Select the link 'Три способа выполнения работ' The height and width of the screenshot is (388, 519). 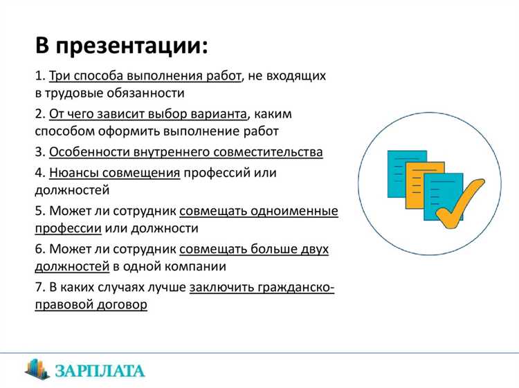[x=145, y=75]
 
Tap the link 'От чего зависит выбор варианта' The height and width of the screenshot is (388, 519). [x=147, y=113]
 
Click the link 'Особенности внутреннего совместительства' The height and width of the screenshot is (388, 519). [x=185, y=151]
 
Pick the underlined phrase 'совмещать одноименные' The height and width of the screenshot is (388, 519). [x=259, y=210]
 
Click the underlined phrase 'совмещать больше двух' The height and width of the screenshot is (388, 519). [x=253, y=248]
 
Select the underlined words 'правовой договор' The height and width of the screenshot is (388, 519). [x=91, y=304]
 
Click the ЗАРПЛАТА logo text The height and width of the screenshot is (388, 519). [x=102, y=371]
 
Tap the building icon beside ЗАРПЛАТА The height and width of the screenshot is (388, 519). [x=37, y=368]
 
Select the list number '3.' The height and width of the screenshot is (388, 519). [x=40, y=151]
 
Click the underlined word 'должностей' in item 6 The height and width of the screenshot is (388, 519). [x=72, y=266]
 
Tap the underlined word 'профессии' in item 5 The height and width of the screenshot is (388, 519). [x=69, y=228]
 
